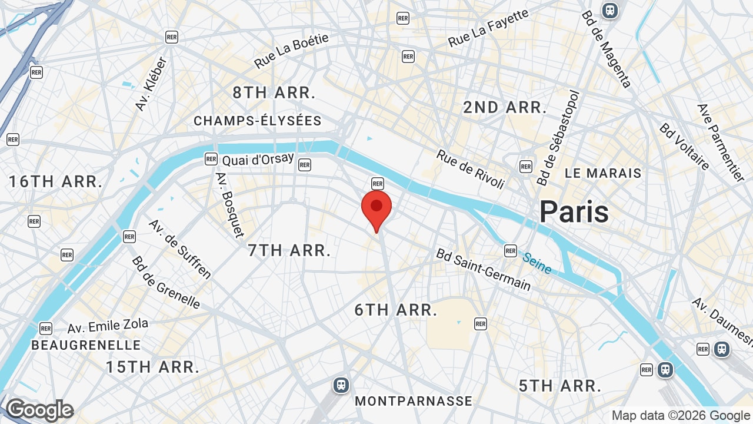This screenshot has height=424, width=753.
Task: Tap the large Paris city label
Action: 574,211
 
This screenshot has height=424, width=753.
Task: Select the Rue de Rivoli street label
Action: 470,170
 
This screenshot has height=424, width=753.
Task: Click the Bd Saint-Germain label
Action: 483,270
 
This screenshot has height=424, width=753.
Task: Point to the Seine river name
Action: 537,263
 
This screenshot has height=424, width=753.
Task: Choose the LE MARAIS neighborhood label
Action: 603,173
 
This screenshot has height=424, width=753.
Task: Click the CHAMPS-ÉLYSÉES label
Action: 258,121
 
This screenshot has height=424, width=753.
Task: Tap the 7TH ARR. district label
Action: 289,250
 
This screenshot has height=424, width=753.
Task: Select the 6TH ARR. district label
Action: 396,310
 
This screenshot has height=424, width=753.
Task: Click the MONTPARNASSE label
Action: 414,401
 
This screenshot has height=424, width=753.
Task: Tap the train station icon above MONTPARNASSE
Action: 341,385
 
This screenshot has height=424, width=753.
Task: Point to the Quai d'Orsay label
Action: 258,159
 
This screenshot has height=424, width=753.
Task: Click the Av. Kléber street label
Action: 151,84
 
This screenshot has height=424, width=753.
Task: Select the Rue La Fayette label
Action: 488,29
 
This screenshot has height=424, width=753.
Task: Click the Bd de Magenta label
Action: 607,49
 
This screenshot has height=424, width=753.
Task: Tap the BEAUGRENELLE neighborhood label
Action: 86,345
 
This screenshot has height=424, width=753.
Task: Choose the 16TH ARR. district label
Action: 56,181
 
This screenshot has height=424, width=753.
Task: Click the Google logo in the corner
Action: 39,410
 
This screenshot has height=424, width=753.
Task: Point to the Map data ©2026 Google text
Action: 681,416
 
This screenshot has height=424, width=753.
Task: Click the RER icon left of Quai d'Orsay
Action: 211,158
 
